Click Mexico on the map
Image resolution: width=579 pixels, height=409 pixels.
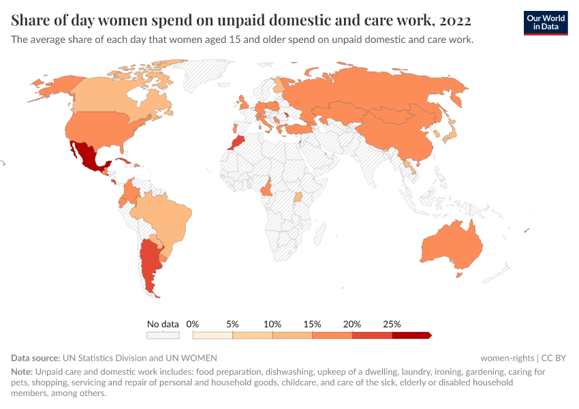pos(87,156)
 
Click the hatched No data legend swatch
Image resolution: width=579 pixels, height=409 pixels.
pos(163,335)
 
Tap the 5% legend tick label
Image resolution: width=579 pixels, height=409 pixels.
pos(232,324)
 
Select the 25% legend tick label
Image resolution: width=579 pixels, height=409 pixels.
pos(392,324)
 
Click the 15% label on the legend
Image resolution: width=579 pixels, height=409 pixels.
pos(312,324)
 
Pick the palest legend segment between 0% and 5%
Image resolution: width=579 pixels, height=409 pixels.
pos(213,335)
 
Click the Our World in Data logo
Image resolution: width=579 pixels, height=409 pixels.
pos(545,22)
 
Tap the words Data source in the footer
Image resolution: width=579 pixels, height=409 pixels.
pos(35,358)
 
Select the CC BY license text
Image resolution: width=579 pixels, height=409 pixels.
pos(554,358)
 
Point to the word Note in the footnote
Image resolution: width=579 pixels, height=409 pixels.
pos(21,372)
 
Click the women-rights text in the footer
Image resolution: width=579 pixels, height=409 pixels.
pos(507,358)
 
